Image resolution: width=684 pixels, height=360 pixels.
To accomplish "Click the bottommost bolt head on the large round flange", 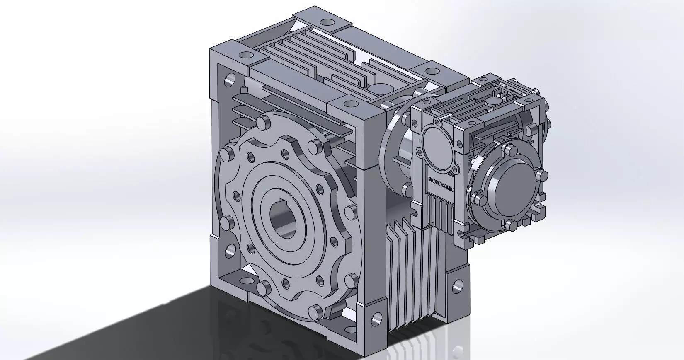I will click(x=316, y=310).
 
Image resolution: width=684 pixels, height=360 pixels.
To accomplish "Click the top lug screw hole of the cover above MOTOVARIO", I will click(x=436, y=121).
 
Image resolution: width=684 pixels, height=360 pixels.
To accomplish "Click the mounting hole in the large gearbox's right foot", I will click(x=458, y=285).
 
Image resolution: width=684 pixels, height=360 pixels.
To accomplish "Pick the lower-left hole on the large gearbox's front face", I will click(x=229, y=249).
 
